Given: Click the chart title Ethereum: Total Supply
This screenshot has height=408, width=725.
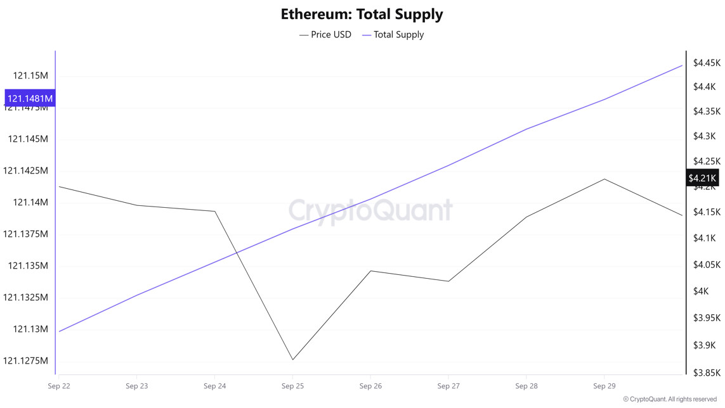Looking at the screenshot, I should [362, 14].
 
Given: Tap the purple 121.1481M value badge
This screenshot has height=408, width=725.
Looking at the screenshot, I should [29, 98].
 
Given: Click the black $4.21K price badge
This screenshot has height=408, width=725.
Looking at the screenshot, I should [702, 178].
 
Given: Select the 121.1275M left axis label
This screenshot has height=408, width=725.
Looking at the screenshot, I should [25, 360].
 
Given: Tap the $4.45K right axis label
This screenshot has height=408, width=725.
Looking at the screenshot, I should [707, 63].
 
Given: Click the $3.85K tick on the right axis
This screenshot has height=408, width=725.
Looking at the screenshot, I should [707, 373].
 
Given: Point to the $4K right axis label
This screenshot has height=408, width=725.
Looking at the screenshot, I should [700, 291].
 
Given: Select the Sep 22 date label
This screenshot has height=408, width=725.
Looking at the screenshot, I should [58, 386].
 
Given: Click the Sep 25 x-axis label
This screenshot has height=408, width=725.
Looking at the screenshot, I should [292, 386].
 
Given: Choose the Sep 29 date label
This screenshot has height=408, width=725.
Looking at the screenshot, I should [604, 386].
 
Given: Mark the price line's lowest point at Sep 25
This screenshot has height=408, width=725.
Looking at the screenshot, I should [292, 360].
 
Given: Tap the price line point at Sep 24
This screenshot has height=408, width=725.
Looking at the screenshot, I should [215, 212].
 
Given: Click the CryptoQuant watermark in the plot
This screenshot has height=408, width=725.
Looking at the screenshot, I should [371, 210].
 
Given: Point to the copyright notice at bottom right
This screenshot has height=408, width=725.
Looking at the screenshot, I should [670, 399].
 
